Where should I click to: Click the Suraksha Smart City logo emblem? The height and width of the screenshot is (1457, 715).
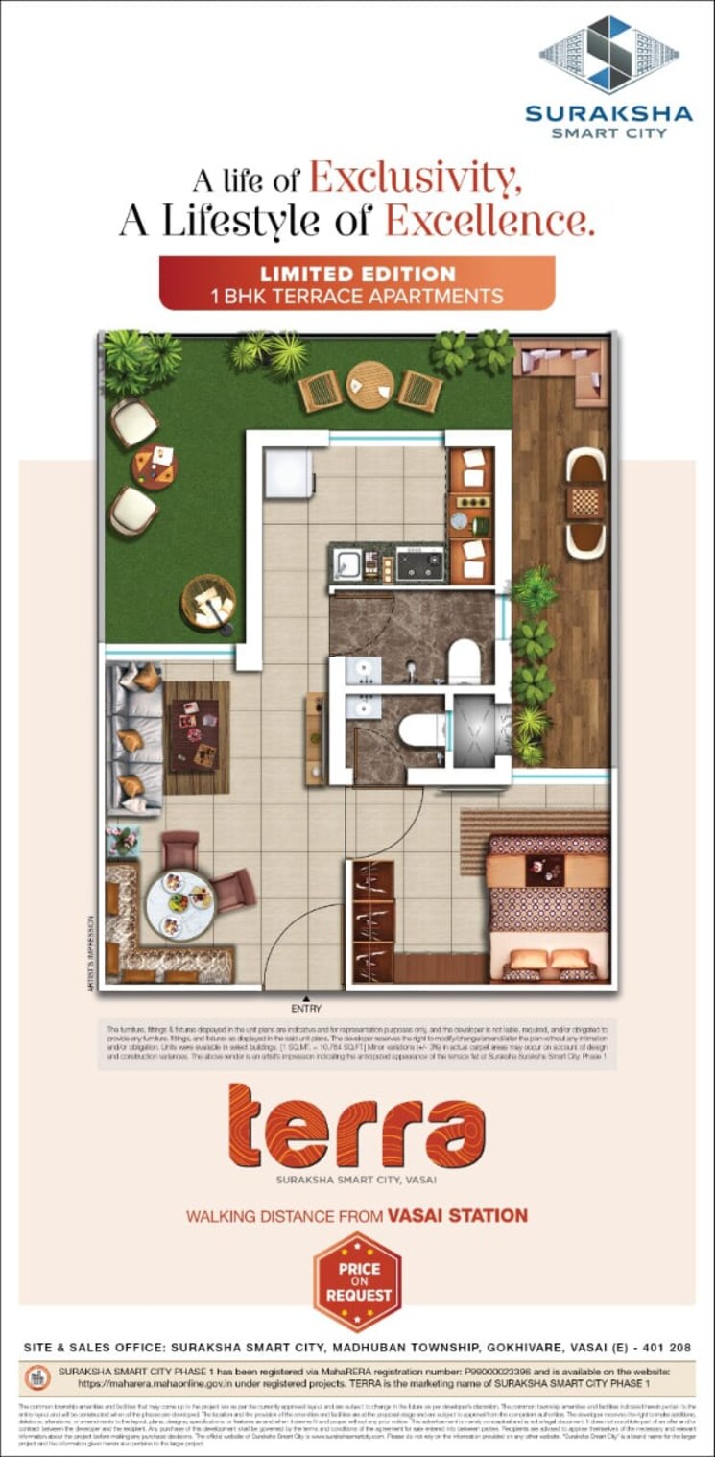point(608,55)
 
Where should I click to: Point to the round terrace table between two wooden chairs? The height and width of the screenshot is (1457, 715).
point(369,383)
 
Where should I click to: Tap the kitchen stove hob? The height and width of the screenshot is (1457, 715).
point(420,563)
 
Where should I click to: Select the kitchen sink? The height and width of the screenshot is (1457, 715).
point(346,563)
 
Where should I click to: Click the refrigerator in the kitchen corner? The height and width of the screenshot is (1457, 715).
point(288,473)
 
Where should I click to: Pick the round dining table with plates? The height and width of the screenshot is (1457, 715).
point(179,902)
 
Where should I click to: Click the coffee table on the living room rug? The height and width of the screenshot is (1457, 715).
point(194,734)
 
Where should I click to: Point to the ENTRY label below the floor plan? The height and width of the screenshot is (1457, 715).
point(306,1008)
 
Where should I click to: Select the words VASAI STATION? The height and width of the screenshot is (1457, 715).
point(457,1216)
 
